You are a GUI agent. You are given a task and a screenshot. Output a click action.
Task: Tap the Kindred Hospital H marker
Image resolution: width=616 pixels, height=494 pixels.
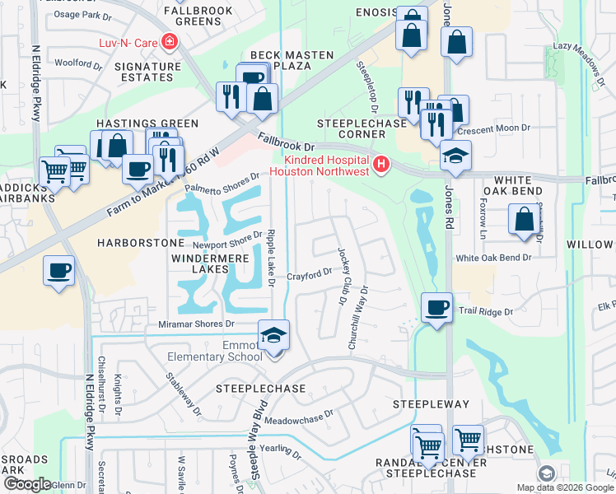pyautogui.click(x=380, y=165)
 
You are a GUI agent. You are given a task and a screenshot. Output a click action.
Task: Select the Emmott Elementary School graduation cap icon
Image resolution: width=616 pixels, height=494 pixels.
pyautogui.click(x=273, y=334)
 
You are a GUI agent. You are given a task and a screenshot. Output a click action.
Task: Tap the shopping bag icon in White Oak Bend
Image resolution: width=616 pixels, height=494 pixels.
pyautogui.click(x=524, y=219)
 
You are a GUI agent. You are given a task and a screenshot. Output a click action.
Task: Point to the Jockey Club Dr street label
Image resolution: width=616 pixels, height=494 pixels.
pyautogui.click(x=341, y=277)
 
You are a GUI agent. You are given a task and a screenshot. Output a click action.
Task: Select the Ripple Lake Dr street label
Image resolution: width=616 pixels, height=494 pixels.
pyautogui.click(x=271, y=258)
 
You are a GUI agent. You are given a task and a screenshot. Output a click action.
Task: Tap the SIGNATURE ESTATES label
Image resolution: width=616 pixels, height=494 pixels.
pyautogui.click(x=147, y=72)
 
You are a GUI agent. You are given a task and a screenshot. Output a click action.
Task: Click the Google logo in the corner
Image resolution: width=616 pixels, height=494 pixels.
pyautogui.click(x=26, y=484)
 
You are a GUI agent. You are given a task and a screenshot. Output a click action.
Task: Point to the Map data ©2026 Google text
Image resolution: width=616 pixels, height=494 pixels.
pyautogui.click(x=566, y=487)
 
